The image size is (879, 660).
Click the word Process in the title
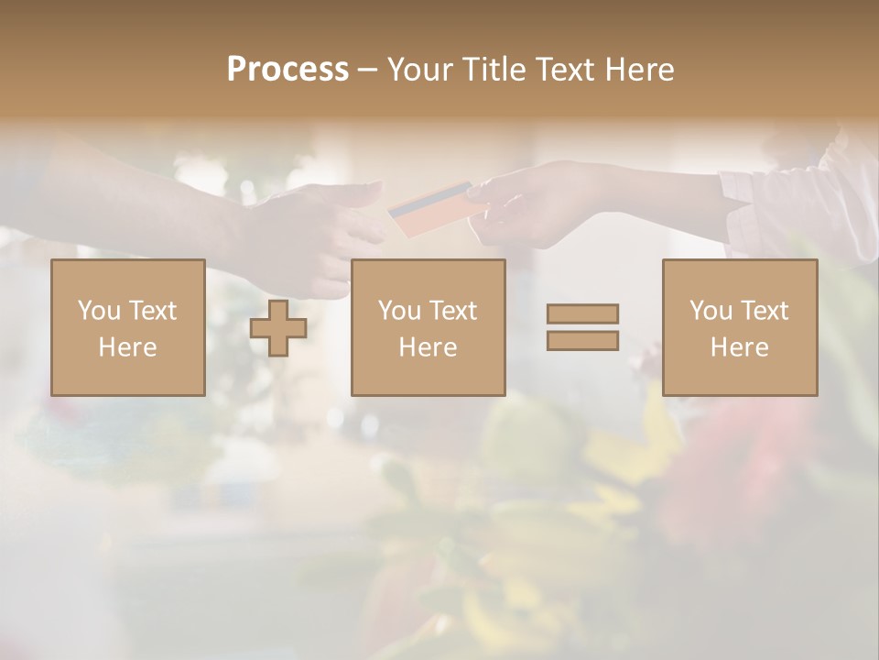coord(288,70)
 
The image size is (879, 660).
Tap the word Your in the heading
coord(420,70)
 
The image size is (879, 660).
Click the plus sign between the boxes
coord(278,328)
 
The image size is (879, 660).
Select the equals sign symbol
coord(582,327)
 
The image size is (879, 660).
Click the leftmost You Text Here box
coord(128,327)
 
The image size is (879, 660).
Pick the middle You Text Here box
coord(429,327)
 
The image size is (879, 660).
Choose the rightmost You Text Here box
coord(740,327)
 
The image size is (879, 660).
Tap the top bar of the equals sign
coord(582,313)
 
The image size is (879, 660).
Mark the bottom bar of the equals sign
coord(582,340)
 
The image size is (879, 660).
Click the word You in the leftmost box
coord(99,311)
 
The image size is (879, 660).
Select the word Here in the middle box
coord(429,347)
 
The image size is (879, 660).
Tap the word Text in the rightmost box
coord(766,311)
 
